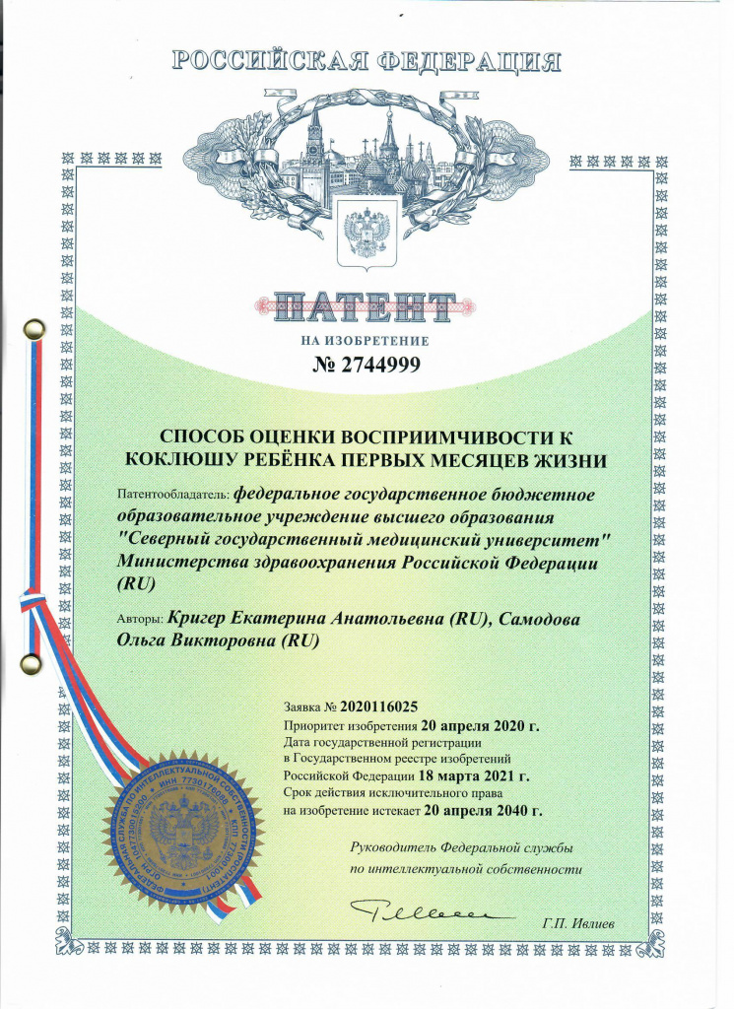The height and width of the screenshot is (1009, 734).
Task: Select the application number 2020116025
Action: coord(379,706)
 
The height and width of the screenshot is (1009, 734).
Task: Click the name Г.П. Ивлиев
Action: coord(577,923)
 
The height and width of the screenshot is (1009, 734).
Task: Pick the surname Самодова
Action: coord(541,619)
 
